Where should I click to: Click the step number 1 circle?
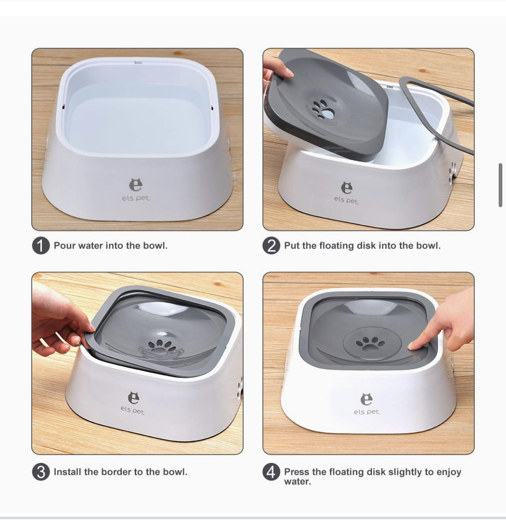(x=41, y=246)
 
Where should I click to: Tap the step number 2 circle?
(x=271, y=246)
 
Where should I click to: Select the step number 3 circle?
(x=41, y=472)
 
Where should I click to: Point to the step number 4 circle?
(x=271, y=472)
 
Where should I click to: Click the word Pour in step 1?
(x=65, y=246)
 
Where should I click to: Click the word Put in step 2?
(x=292, y=246)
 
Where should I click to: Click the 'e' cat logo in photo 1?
(x=136, y=185)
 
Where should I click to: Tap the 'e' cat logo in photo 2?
(x=347, y=188)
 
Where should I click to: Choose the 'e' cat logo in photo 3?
(x=134, y=398)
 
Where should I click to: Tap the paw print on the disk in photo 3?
(x=161, y=346)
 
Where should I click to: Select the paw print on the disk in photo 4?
(x=370, y=343)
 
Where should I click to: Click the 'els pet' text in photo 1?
(x=136, y=198)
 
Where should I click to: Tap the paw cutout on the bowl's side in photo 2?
(x=453, y=174)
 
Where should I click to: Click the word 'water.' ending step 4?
(x=297, y=482)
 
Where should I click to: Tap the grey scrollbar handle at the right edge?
(x=500, y=185)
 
